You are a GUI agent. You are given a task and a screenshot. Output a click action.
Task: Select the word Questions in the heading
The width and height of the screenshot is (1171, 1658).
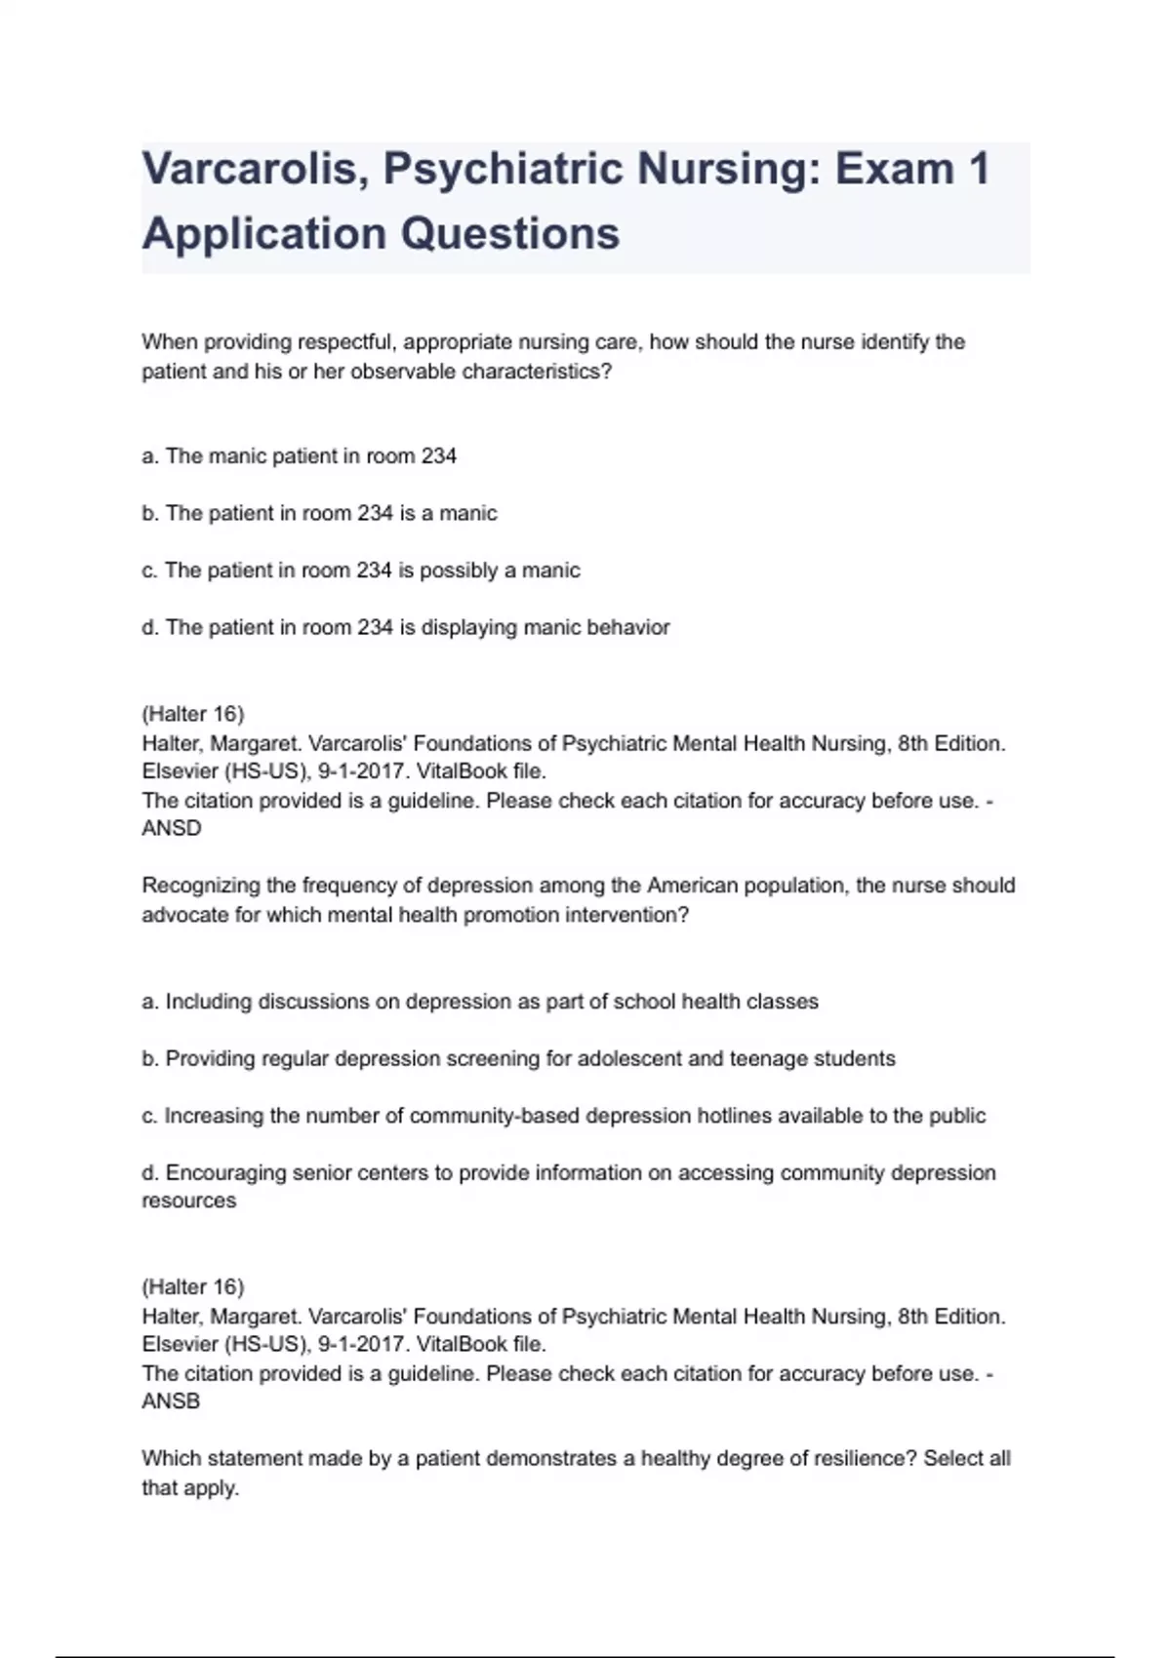510,234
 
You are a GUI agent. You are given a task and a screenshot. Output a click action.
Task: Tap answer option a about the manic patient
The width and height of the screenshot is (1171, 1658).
299,456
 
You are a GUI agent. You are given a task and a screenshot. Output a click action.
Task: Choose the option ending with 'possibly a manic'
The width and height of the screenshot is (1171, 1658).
360,571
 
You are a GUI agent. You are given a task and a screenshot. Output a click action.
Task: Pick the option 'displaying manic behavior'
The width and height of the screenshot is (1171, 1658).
405,627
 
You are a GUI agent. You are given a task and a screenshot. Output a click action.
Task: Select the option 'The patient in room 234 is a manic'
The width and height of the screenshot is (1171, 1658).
319,513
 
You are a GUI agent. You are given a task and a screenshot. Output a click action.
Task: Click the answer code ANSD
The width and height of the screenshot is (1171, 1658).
172,828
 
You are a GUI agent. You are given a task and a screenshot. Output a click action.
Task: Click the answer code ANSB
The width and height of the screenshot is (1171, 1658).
171,1401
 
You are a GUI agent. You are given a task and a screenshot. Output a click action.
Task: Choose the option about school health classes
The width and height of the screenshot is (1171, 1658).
479,1002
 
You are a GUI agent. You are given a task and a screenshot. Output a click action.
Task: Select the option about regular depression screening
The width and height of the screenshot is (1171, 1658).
518,1058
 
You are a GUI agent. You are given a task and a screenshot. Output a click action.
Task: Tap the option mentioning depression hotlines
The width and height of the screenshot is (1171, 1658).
563,1116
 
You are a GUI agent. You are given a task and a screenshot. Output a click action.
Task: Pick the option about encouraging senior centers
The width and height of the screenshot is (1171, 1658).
568,1172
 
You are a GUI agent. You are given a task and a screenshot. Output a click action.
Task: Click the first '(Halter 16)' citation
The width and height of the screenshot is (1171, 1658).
193,714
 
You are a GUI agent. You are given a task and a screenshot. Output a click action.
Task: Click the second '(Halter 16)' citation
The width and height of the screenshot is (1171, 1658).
193,1286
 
